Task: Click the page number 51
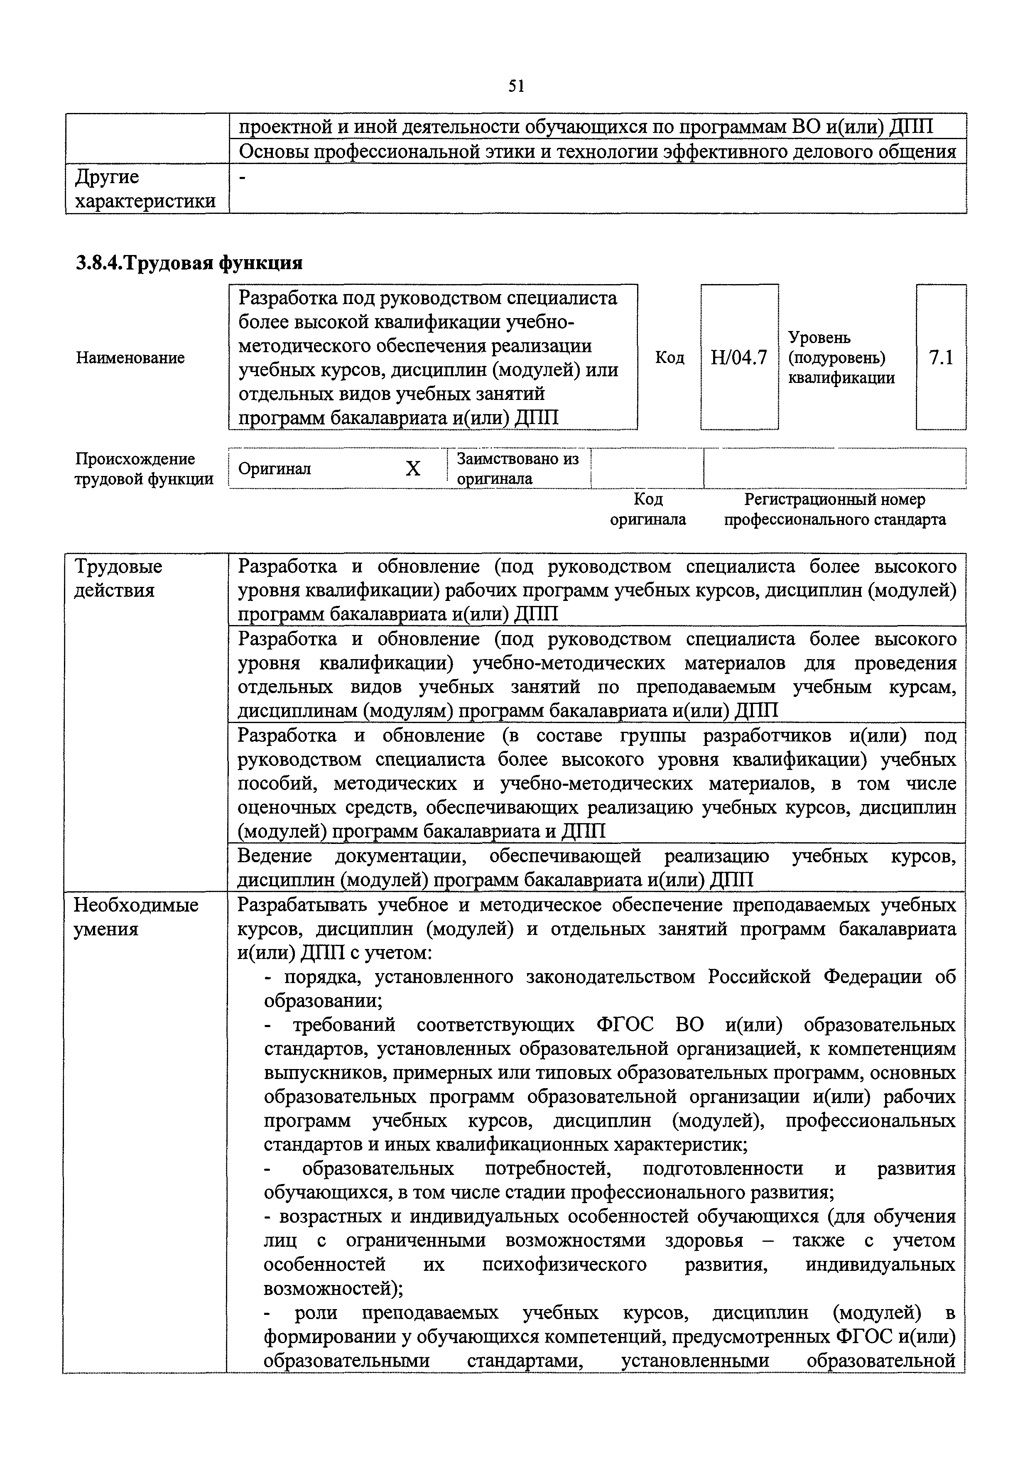click(x=515, y=86)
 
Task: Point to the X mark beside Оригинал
click(x=413, y=469)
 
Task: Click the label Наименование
click(x=130, y=358)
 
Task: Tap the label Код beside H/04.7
click(x=670, y=358)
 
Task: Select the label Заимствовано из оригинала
click(x=518, y=468)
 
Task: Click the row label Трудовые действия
click(x=118, y=578)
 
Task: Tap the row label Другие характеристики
click(x=145, y=189)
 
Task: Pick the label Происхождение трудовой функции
click(x=144, y=469)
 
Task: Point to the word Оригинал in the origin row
click(x=275, y=469)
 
